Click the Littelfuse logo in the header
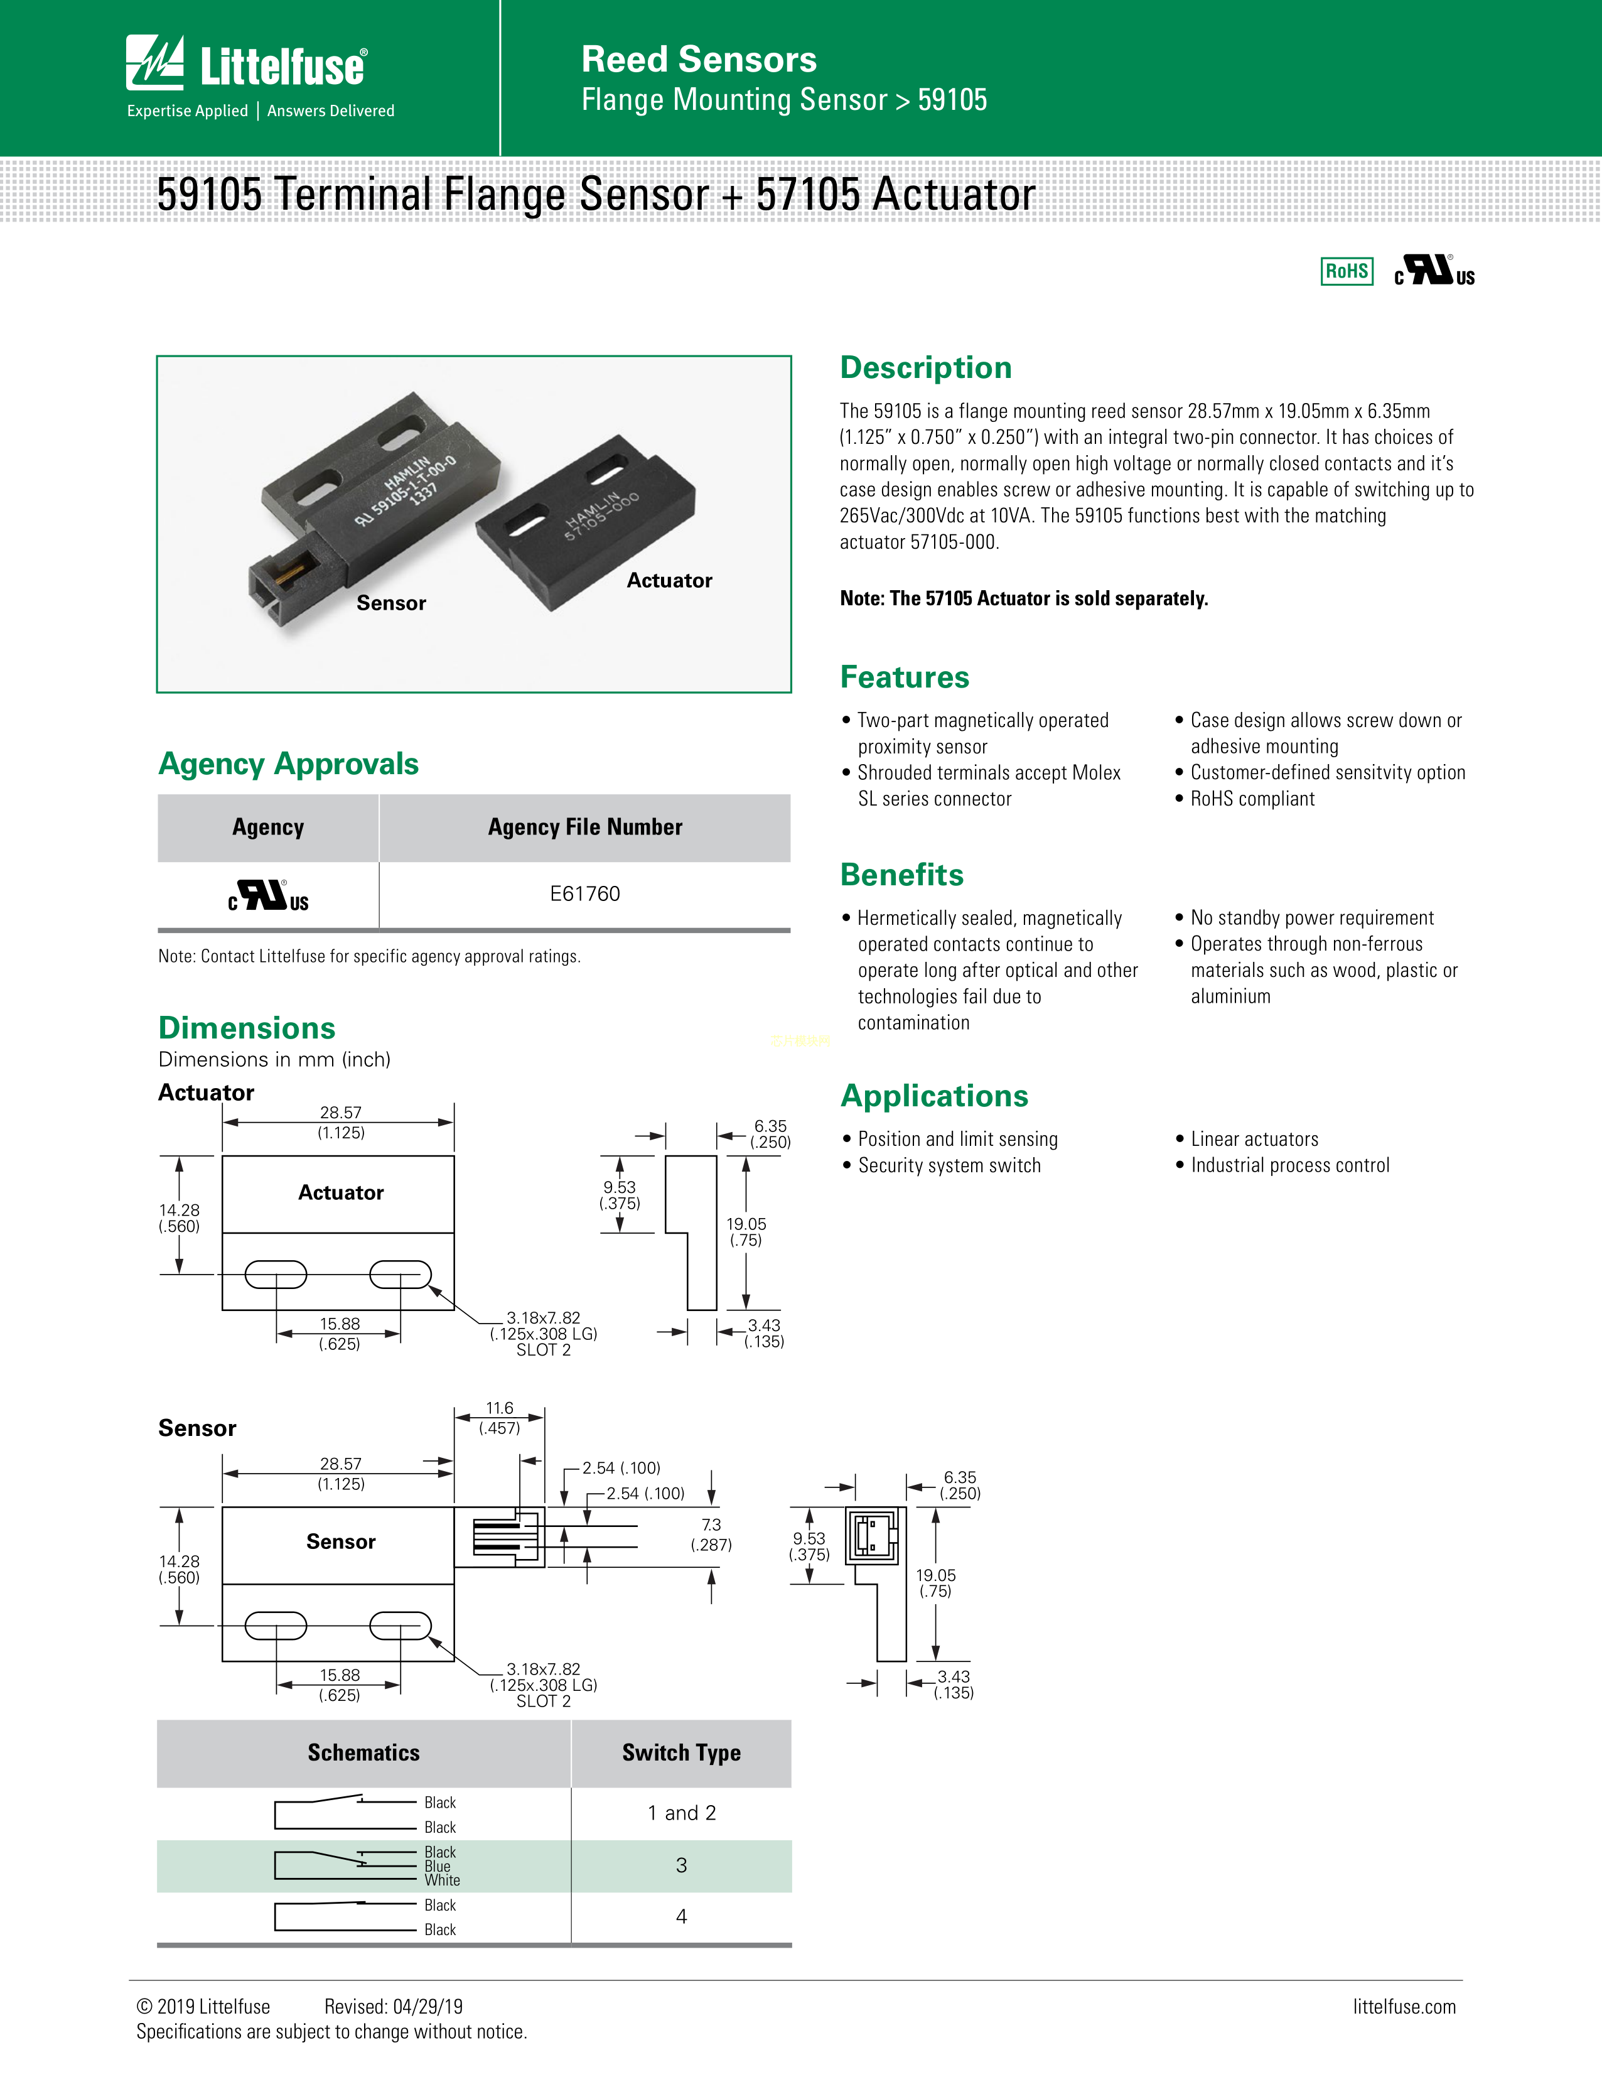pos(246,65)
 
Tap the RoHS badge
pos(1347,272)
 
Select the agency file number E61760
pos(584,894)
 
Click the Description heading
pos(925,368)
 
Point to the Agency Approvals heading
pos(288,763)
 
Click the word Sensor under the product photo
pos(390,603)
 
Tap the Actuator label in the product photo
pos(669,580)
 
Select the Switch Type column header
pos(680,1753)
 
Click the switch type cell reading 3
pos(680,1865)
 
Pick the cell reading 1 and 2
pos(680,1813)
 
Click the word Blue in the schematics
pos(438,1866)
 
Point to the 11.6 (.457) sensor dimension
pos(499,1417)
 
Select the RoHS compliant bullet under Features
pos(1252,799)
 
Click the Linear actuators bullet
pos(1254,1140)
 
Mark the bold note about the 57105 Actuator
pos(1024,598)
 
